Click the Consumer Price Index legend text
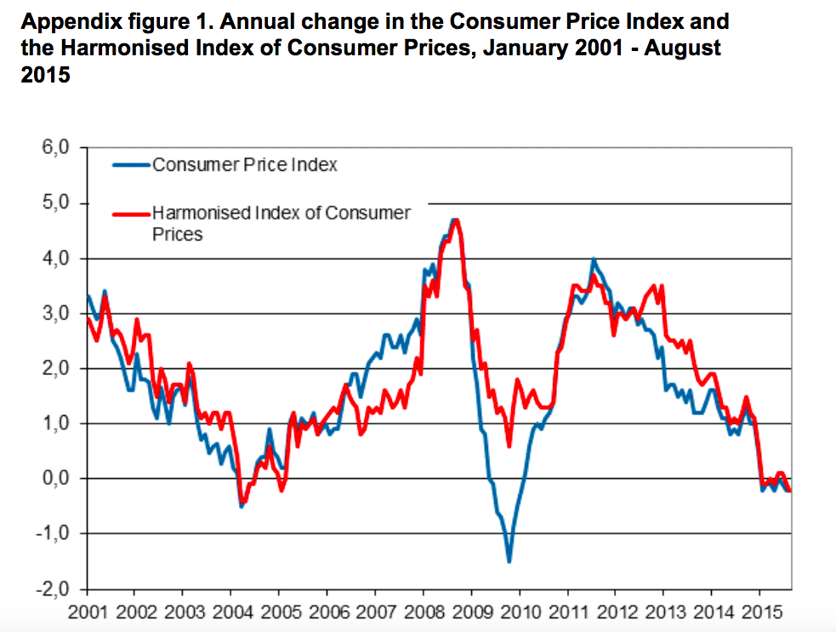click(245, 165)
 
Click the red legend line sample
click(132, 214)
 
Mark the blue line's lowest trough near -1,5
click(509, 561)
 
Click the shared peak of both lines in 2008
click(455, 220)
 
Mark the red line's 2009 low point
click(509, 446)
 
